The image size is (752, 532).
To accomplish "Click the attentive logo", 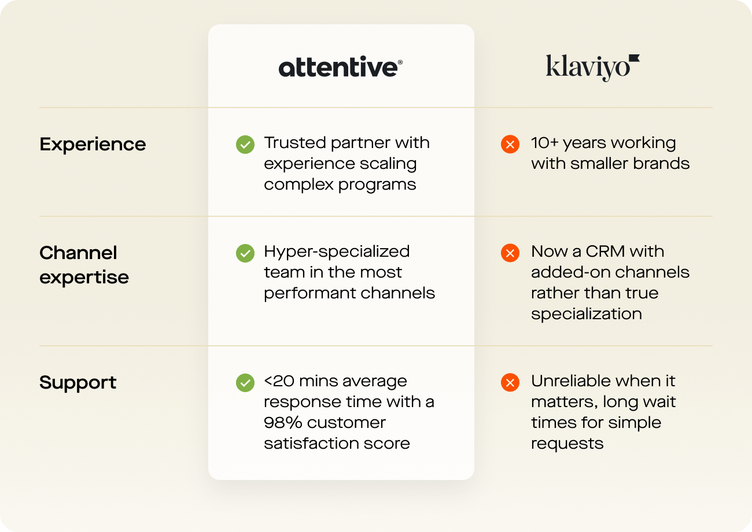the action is click(x=340, y=67).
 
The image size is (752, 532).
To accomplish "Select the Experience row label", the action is click(x=93, y=144).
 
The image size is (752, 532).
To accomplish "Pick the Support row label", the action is click(x=78, y=382).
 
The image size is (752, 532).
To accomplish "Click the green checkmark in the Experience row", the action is click(x=245, y=144).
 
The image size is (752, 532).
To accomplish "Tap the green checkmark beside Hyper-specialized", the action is click(x=245, y=253).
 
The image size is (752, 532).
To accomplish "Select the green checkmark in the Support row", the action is click(x=245, y=382).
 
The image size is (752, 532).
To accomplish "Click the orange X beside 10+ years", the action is click(x=510, y=144).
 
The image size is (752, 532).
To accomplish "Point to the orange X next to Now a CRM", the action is click(x=510, y=253).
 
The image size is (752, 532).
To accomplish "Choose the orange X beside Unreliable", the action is click(x=510, y=382).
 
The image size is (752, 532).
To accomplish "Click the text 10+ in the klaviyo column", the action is click(x=544, y=143).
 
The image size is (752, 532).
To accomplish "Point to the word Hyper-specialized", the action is click(x=337, y=252).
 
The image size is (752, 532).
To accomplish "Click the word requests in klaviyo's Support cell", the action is click(x=567, y=444).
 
